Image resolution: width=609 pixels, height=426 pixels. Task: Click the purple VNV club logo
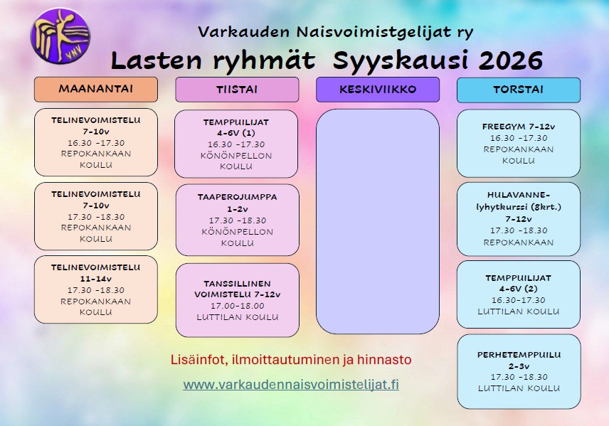60,36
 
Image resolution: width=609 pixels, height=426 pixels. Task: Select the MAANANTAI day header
96,90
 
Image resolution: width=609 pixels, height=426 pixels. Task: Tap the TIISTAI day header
237,90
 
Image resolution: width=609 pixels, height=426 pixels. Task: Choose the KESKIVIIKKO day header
378,90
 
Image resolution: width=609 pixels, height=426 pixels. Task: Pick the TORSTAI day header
519,90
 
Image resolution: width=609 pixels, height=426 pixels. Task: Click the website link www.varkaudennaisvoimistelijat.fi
291,385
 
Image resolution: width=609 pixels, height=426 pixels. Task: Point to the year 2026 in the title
510,60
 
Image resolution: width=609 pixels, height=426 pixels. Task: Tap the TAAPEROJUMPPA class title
238,197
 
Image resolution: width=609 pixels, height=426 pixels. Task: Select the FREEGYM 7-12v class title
519,127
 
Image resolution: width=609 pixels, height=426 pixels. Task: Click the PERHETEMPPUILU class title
519,355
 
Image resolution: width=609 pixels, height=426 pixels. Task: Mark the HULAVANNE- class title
519,195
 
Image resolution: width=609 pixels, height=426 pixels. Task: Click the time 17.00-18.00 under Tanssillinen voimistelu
238,306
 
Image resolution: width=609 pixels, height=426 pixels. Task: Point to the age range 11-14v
96,279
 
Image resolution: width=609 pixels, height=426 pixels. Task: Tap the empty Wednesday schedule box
378,221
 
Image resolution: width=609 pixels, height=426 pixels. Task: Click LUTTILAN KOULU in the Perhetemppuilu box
519,388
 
